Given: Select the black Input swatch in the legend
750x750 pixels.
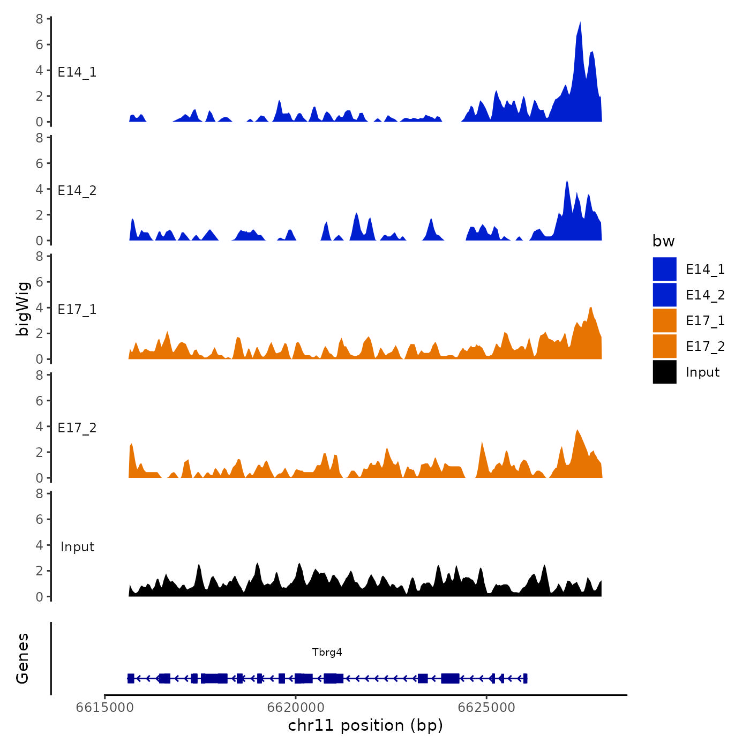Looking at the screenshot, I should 664,372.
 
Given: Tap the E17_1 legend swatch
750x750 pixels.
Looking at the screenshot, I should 664,320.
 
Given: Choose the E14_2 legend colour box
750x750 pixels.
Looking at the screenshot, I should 664,295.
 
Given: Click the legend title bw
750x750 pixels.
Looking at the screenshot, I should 663,241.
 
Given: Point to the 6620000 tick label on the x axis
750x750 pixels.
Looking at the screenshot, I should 296,708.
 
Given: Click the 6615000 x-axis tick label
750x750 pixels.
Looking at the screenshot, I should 105,708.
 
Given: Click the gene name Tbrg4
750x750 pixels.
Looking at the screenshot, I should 327,652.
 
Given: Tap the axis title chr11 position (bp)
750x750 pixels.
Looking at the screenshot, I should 365,725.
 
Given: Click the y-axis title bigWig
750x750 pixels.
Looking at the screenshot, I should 22,309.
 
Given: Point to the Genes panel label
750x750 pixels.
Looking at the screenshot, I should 22,658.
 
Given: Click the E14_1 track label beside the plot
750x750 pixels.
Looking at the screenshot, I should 77,72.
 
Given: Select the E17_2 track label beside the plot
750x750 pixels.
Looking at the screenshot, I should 77,428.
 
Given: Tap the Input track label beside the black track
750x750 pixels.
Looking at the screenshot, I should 77,547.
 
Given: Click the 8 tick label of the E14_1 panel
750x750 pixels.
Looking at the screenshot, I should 40,19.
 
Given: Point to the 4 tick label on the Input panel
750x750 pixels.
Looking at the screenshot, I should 40,545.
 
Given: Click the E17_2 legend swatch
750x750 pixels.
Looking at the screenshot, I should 664,346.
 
